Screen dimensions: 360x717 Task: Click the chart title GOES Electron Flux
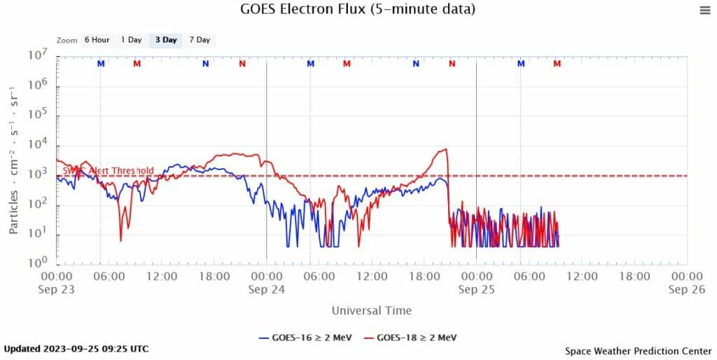[x=358, y=9]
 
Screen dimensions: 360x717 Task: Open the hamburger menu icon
[x=704, y=10]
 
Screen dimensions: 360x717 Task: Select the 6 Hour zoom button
[x=96, y=40]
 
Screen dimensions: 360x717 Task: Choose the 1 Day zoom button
[x=131, y=40]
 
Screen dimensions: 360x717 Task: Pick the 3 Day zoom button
[x=166, y=40]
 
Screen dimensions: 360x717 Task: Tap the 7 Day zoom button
[x=200, y=40]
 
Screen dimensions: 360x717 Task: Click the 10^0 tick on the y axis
[x=38, y=263]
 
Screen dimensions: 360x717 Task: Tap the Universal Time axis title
[x=371, y=310]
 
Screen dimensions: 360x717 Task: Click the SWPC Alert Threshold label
[x=109, y=170]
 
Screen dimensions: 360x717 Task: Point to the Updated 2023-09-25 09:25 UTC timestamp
[x=76, y=348]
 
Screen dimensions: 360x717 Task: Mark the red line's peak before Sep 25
[x=444, y=148]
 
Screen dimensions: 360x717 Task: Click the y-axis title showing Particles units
[x=13, y=160]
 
